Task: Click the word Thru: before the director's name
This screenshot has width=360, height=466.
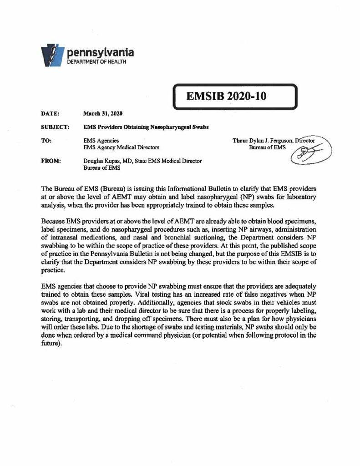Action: tap(240, 141)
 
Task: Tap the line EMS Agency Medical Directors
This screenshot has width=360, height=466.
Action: tap(121, 148)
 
